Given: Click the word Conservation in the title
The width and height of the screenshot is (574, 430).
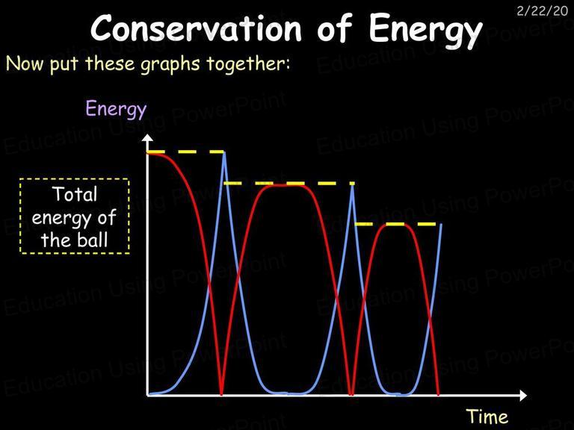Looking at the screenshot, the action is tap(196, 28).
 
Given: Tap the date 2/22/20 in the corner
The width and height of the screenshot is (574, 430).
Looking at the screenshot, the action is tap(542, 11).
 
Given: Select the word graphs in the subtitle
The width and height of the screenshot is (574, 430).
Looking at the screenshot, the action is tap(170, 65).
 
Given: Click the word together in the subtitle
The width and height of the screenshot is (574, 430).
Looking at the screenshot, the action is tap(248, 63).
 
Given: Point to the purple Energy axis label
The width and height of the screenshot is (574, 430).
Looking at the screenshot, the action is tap(116, 109).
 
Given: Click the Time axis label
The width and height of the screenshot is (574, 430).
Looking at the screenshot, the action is tap(487, 417).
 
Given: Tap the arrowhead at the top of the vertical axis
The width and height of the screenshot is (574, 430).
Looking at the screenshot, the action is tap(147, 138).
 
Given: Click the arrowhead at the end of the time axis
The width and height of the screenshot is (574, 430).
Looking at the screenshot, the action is tap(522, 395).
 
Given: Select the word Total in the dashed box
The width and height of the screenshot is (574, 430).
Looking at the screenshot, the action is tap(75, 194).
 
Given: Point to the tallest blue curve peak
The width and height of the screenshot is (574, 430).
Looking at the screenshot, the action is tap(224, 153).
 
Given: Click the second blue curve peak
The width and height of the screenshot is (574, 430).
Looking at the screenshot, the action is tap(352, 185).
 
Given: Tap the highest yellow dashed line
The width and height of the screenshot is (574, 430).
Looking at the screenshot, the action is tap(185, 152).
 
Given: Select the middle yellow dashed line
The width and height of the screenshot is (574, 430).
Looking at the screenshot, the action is tap(289, 183).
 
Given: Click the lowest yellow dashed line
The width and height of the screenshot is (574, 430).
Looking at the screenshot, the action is tap(396, 224).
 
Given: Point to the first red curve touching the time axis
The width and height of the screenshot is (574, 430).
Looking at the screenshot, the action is tap(221, 394).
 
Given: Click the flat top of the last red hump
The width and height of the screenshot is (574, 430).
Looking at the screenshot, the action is tap(395, 225).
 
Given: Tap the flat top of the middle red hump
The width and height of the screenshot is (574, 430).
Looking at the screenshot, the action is tap(286, 185).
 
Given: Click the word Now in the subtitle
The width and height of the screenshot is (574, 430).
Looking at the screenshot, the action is tap(25, 63).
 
